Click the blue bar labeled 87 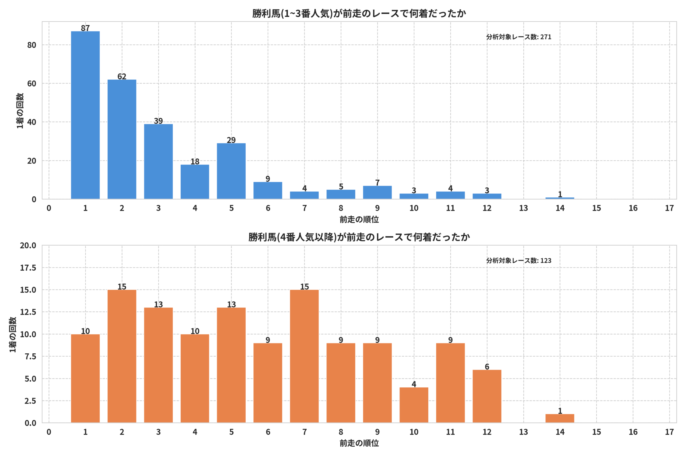tap(85, 115)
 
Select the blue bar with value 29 tap(231, 171)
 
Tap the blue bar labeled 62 tap(122, 139)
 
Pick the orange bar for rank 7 tap(304, 356)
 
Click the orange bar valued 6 tap(487, 396)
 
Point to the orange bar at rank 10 tap(414, 405)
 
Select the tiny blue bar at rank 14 tap(560, 198)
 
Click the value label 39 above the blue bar tap(158, 121)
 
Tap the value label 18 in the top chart tap(195, 161)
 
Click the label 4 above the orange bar tap(414, 384)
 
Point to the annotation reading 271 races tap(519, 37)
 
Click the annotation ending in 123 tap(519, 260)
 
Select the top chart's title tap(359, 13)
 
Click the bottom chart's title tap(359, 237)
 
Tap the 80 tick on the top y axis tap(32, 45)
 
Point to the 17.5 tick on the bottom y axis tap(28, 268)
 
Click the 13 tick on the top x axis tap(523, 208)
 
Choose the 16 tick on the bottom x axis tap(633, 432)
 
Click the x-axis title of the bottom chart tap(359, 443)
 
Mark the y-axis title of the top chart tap(20, 111)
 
